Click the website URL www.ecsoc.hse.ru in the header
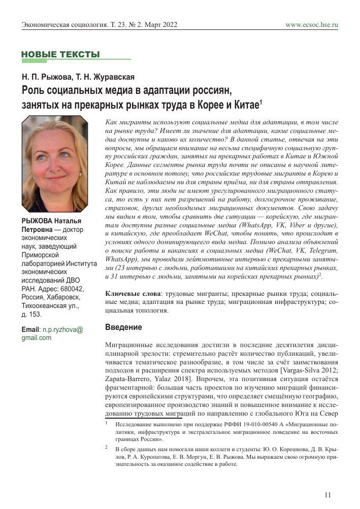312,24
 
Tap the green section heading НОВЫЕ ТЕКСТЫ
60,54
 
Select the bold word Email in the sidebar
30,329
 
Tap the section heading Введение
123,327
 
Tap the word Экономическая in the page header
47,24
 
